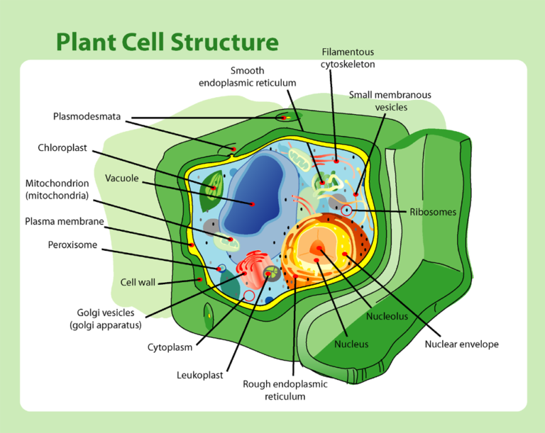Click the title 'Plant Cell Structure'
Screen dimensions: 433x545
tap(167, 42)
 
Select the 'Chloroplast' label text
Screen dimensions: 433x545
tap(62, 148)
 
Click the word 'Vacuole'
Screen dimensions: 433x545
tap(122, 178)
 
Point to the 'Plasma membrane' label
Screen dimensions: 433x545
tap(65, 221)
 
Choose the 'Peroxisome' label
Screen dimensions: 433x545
tap(72, 245)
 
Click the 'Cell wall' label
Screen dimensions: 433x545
tap(138, 282)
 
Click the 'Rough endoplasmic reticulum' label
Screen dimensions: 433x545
tap(285, 390)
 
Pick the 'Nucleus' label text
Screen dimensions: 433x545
tap(351, 344)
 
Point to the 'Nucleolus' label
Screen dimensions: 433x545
tap(387, 316)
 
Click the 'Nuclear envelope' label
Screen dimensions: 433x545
tap(461, 344)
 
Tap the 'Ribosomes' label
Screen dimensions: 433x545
tap(433, 211)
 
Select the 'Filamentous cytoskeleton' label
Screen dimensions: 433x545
tap(348, 58)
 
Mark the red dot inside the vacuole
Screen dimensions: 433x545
tap(253, 204)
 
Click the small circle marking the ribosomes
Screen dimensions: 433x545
tap(346, 210)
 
